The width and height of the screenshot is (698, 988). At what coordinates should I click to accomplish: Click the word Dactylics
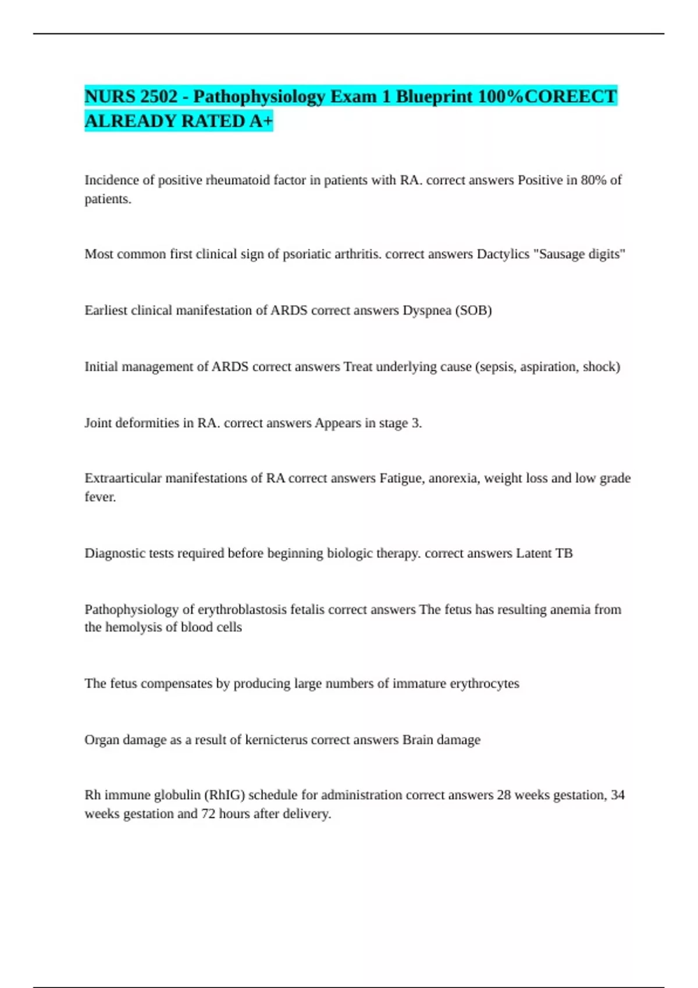click(x=503, y=254)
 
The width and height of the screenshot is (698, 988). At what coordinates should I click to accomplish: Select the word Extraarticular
click(x=123, y=478)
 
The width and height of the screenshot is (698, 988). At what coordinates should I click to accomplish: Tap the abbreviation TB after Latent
click(x=564, y=553)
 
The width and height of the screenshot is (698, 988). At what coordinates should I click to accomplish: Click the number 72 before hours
click(x=208, y=814)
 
